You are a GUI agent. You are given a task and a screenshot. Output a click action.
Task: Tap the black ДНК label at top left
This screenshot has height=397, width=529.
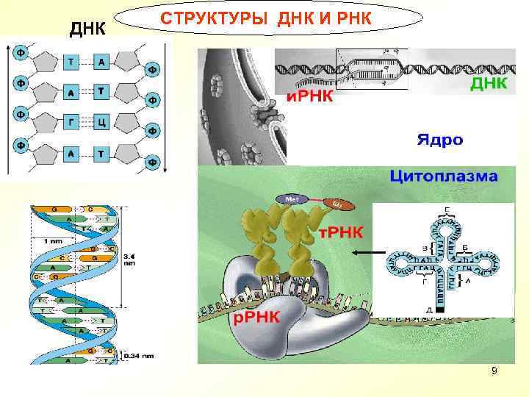[x=87, y=29]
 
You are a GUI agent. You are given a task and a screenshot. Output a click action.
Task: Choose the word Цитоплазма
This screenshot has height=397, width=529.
[x=443, y=176]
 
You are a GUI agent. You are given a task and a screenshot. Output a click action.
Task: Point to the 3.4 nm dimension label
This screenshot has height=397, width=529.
[x=129, y=260]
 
